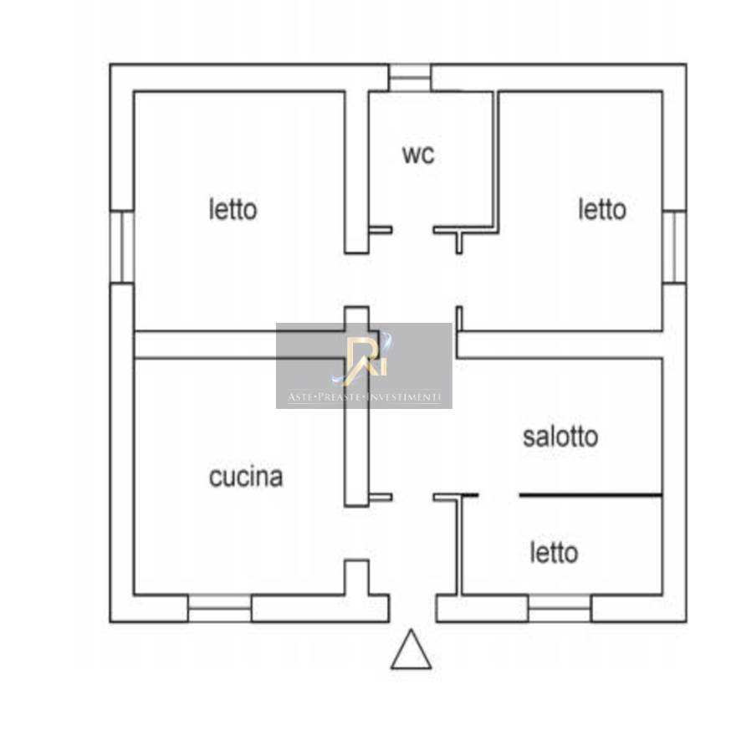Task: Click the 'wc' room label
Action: click(418, 155)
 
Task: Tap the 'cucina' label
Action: click(246, 477)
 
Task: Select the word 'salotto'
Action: click(560, 437)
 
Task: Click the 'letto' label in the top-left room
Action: click(233, 209)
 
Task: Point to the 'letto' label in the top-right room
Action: click(602, 209)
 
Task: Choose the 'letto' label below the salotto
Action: click(554, 553)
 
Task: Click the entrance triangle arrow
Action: click(411, 649)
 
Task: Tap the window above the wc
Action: click(410, 78)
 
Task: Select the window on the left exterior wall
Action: click(122, 247)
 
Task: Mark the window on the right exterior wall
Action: click(674, 247)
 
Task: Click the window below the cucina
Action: click(220, 609)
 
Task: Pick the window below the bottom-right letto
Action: click(560, 609)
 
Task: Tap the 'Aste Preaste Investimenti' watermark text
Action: click(365, 397)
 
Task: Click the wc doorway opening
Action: click(412, 230)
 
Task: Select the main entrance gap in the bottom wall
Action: click(412, 609)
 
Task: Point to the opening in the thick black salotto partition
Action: click(499, 495)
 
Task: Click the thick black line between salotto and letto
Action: click(591, 495)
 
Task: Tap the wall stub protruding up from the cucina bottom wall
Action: click(356, 577)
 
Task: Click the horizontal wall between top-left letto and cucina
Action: click(239, 345)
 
